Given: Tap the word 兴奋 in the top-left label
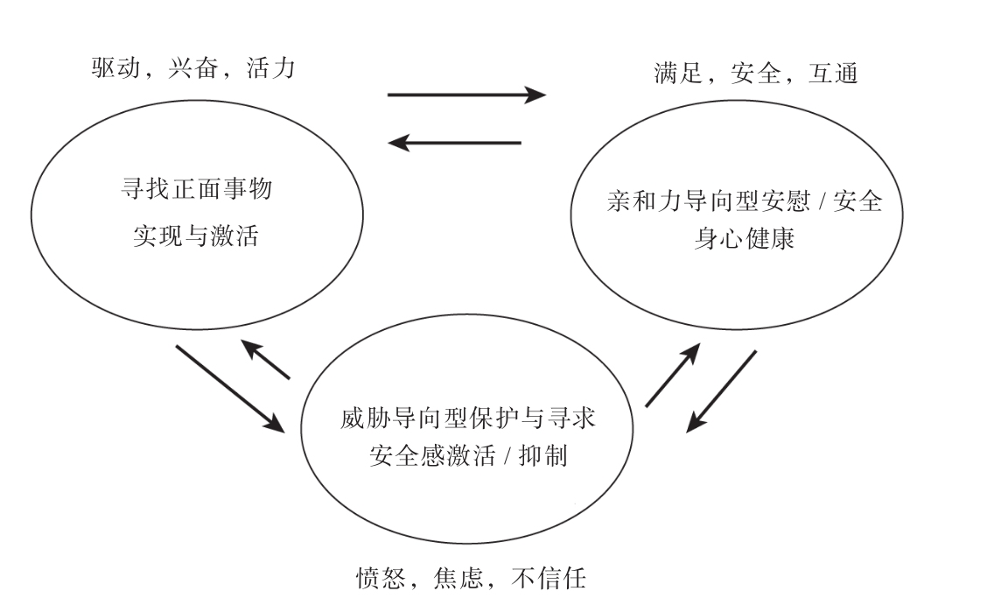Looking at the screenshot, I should click(x=192, y=68).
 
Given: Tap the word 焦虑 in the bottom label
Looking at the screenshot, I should click(x=460, y=579).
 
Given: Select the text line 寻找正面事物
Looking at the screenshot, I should click(x=196, y=190).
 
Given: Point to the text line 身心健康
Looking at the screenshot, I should click(x=744, y=239).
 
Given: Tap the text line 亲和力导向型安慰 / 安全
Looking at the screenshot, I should click(x=744, y=203).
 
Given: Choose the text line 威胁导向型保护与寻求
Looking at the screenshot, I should click(x=469, y=419).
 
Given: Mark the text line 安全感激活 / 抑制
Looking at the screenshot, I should click(x=469, y=456).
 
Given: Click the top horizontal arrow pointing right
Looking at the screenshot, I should click(x=466, y=95).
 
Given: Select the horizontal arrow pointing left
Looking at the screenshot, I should click(x=455, y=142).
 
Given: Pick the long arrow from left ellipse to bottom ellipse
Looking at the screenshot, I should click(x=230, y=388).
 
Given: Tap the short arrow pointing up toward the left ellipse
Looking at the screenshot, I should click(x=265, y=360).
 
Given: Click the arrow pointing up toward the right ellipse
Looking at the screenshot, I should click(x=673, y=375).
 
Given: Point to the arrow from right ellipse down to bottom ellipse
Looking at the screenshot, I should click(x=721, y=390).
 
